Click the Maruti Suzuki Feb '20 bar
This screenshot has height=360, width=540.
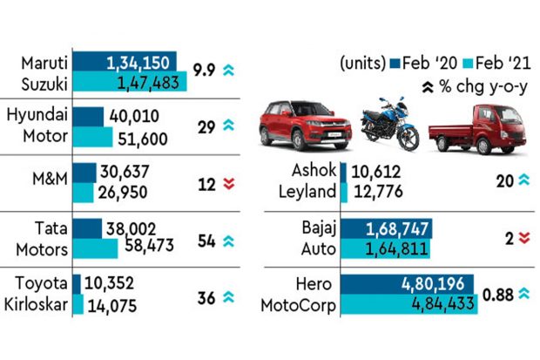[125, 62]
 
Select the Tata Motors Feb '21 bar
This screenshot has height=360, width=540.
[96, 248]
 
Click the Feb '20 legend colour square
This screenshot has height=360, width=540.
[395, 63]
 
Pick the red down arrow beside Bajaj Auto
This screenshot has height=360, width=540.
[523, 238]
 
